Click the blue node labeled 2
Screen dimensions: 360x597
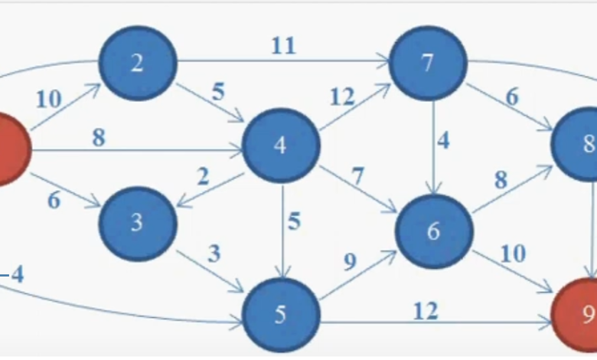click(x=138, y=63)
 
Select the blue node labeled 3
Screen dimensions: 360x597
click(x=137, y=223)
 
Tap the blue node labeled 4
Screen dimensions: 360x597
click(x=281, y=146)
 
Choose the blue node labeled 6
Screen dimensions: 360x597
click(x=433, y=231)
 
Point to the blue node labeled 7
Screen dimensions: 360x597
click(x=429, y=64)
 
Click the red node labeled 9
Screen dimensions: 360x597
click(x=582, y=313)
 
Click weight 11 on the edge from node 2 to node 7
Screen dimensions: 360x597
click(x=282, y=46)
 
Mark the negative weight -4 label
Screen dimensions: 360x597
click(x=13, y=273)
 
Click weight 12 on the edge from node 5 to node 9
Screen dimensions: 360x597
click(x=426, y=310)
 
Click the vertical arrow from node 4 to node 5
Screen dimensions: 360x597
click(x=284, y=230)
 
